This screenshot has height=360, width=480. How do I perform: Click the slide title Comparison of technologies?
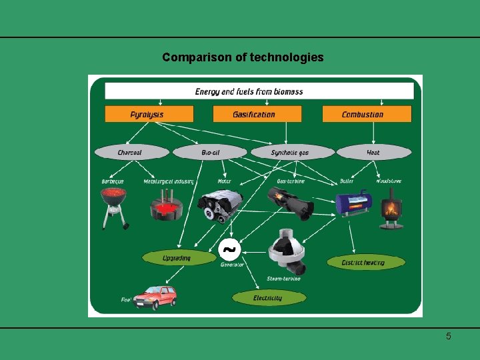243,57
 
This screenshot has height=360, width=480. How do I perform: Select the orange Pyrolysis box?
147,114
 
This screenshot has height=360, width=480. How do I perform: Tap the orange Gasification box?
253,114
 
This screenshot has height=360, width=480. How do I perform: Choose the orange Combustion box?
367,114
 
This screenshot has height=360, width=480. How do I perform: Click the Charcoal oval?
129,153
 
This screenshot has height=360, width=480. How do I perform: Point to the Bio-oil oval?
210,153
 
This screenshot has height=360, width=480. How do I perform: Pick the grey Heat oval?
373,153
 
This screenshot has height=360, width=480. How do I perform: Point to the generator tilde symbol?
229,250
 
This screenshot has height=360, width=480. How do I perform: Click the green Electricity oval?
267,298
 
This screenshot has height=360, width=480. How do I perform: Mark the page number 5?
449,336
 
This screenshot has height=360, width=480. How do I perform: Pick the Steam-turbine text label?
284,279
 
